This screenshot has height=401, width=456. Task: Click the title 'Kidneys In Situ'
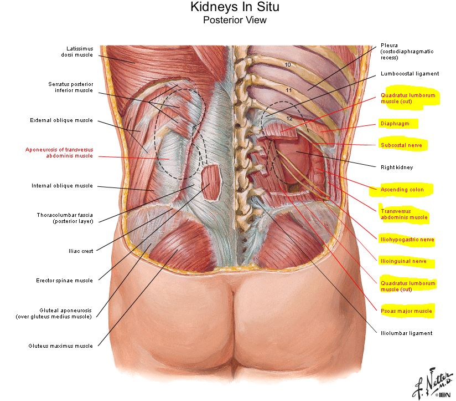234,7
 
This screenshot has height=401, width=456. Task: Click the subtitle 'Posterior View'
235,21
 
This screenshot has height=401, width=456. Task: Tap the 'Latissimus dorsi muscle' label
77,52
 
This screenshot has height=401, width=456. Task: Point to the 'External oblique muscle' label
61,120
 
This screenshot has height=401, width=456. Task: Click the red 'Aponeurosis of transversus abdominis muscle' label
59,153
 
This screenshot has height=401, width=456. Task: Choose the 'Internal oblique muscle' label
62,186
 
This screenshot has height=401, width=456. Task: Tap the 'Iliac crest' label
80,251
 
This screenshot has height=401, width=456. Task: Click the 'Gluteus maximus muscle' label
61,346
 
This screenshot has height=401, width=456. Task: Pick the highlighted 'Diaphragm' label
395,124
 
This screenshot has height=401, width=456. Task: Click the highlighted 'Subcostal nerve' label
401,145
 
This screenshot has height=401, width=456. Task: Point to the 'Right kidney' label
397,167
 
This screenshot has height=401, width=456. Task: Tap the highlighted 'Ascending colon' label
402,190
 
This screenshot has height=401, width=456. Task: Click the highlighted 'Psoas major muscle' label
406,311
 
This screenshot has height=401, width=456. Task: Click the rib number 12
288,118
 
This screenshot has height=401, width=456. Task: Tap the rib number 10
288,65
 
